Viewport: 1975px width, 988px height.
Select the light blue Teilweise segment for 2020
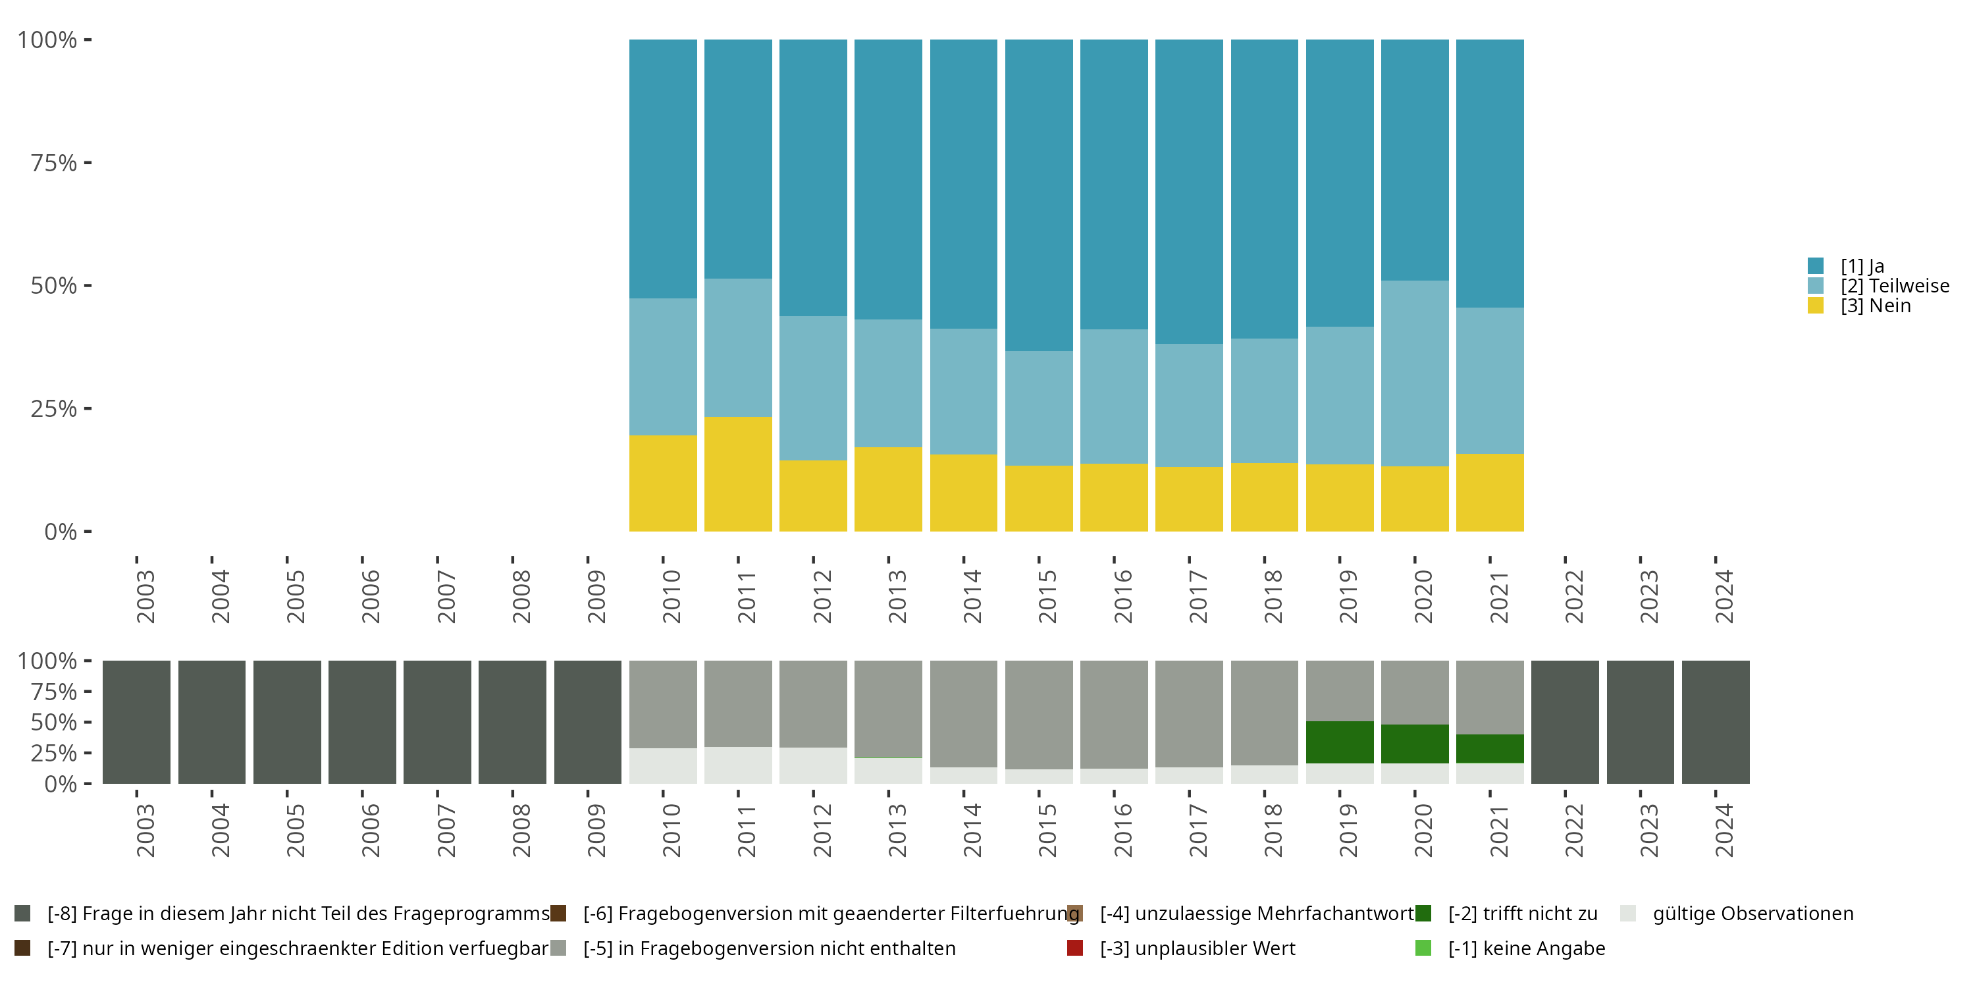pyautogui.click(x=1415, y=373)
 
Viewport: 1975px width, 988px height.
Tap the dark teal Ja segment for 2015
pyautogui.click(x=1039, y=196)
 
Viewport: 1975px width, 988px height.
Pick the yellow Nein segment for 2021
pyautogui.click(x=1490, y=493)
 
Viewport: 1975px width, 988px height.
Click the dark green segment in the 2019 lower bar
pyautogui.click(x=1340, y=742)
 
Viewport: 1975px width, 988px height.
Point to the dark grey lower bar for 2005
pyautogui.click(x=287, y=722)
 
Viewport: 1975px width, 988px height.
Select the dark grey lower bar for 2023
pyautogui.click(x=1640, y=722)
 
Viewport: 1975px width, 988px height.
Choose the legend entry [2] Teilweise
pyautogui.click(x=1878, y=286)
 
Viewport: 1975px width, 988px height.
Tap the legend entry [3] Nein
pyautogui.click(x=1859, y=306)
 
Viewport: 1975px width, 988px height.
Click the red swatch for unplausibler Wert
pyautogui.click(x=1075, y=948)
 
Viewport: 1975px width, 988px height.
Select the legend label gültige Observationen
pyautogui.click(x=1752, y=914)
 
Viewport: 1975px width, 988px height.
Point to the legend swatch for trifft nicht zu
pyautogui.click(x=1423, y=914)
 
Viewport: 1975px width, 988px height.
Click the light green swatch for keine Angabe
pyautogui.click(x=1423, y=948)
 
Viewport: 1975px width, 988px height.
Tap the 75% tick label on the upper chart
pyautogui.click(x=54, y=163)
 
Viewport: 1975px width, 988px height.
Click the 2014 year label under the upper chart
pyautogui.click(x=972, y=596)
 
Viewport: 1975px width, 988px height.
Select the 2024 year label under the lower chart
pyautogui.click(x=1724, y=830)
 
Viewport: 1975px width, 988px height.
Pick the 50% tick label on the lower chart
pyautogui.click(x=54, y=722)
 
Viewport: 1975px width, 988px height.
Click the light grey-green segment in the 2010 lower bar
pyautogui.click(x=662, y=766)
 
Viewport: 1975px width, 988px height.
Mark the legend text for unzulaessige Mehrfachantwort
pyautogui.click(x=1257, y=914)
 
